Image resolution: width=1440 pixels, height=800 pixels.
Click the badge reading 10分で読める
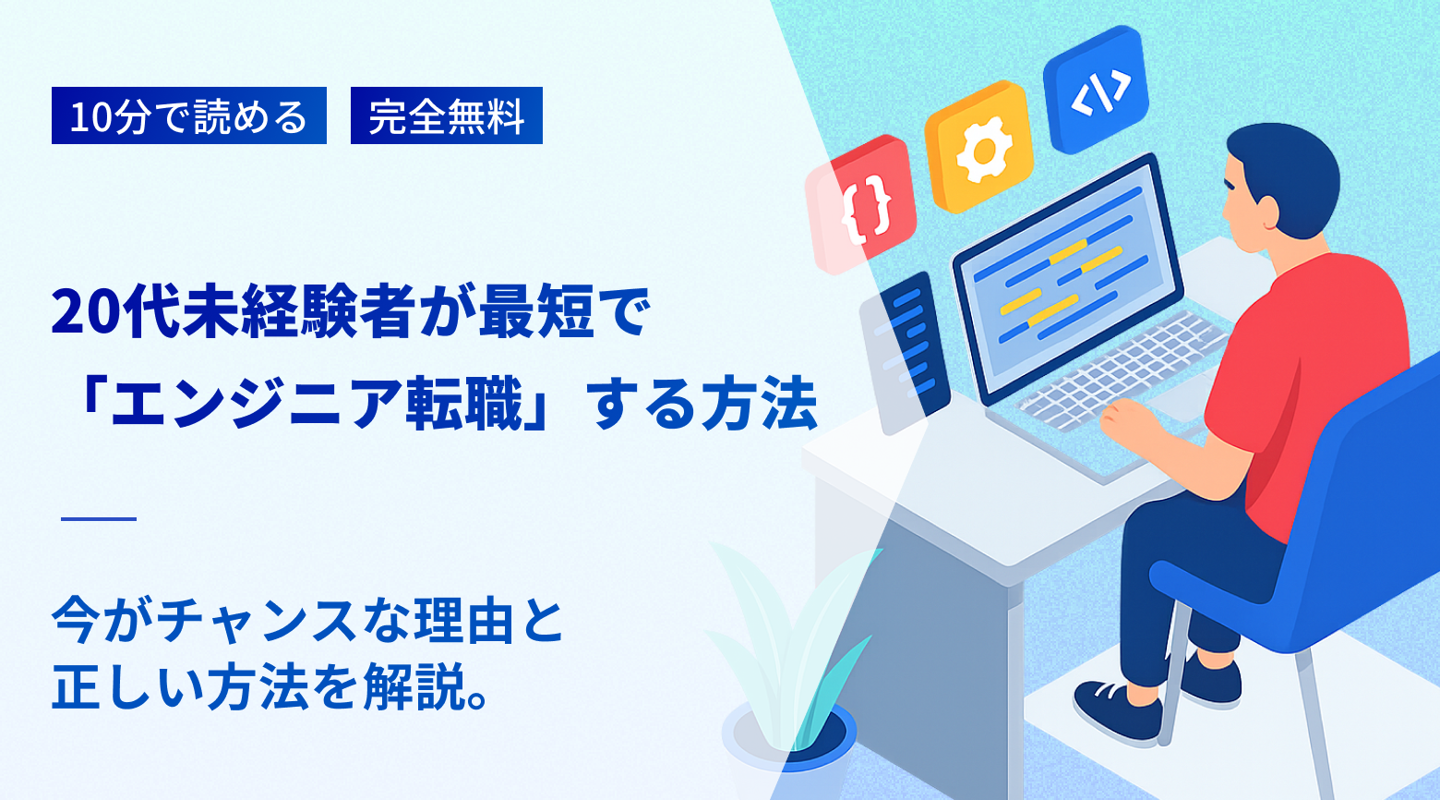188,115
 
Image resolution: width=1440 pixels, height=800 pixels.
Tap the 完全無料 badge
446,115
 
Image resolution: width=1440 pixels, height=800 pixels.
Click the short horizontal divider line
99,519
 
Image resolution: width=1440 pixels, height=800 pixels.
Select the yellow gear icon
978,148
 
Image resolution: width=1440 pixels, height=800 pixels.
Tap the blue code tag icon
1096,90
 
